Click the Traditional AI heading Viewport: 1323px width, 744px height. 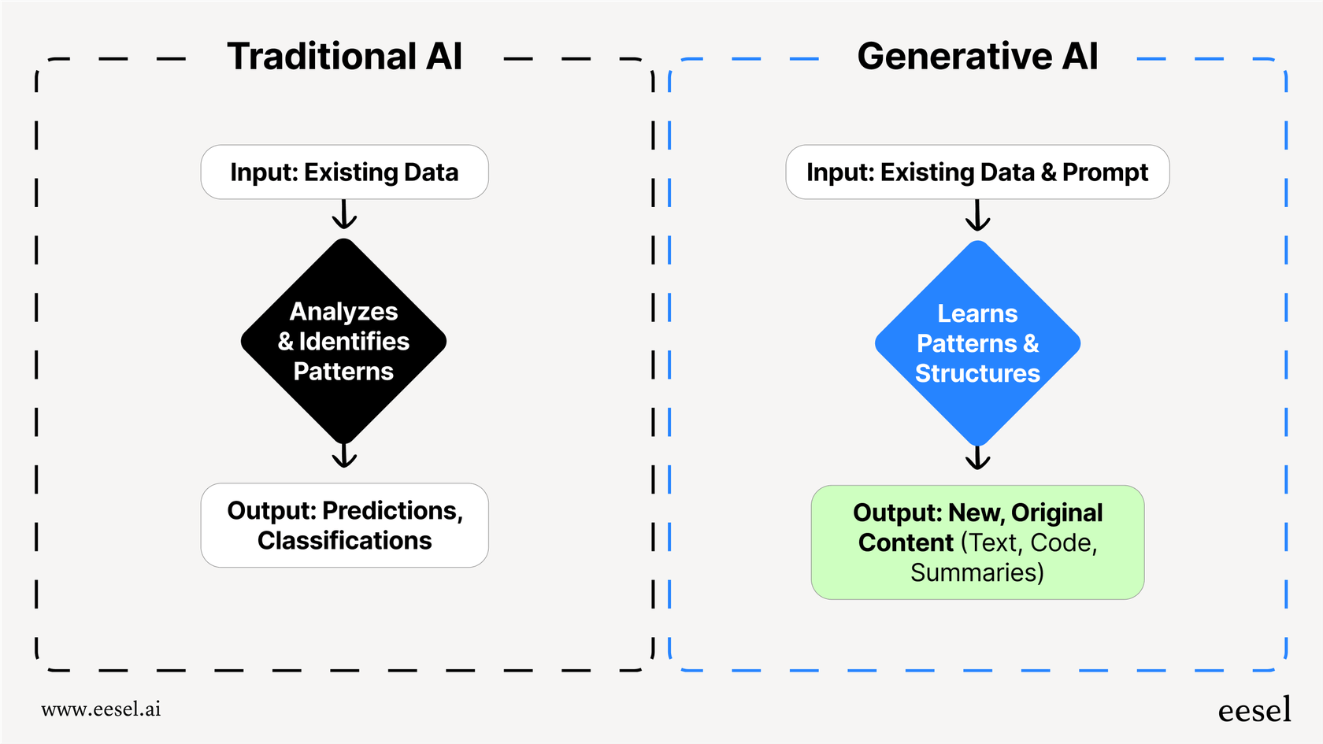(x=344, y=57)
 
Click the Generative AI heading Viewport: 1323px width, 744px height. (x=977, y=57)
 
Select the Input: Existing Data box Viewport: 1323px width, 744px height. (x=344, y=172)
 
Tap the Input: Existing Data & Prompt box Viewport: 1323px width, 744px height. (x=977, y=172)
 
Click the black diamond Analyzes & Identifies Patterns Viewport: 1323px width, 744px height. (x=343, y=342)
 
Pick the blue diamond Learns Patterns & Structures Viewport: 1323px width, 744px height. (x=977, y=343)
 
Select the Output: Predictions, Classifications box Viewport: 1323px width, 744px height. (x=344, y=525)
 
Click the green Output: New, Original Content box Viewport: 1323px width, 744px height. (x=977, y=542)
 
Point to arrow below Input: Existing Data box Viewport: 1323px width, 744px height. (x=344, y=215)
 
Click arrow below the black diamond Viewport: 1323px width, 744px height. (x=344, y=456)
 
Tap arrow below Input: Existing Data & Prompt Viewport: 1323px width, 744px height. (x=977, y=216)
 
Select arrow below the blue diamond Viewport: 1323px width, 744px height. (x=977, y=458)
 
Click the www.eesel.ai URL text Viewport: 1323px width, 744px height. (x=101, y=709)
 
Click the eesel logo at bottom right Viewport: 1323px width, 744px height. (x=1254, y=710)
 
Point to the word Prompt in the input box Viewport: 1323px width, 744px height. (x=1105, y=172)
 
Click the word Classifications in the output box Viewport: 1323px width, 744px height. (x=344, y=541)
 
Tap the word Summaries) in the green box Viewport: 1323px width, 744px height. (x=977, y=572)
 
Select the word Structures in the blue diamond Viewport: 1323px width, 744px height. (x=977, y=373)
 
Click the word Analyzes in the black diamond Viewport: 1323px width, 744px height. (x=343, y=312)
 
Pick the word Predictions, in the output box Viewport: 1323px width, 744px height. (x=393, y=511)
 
